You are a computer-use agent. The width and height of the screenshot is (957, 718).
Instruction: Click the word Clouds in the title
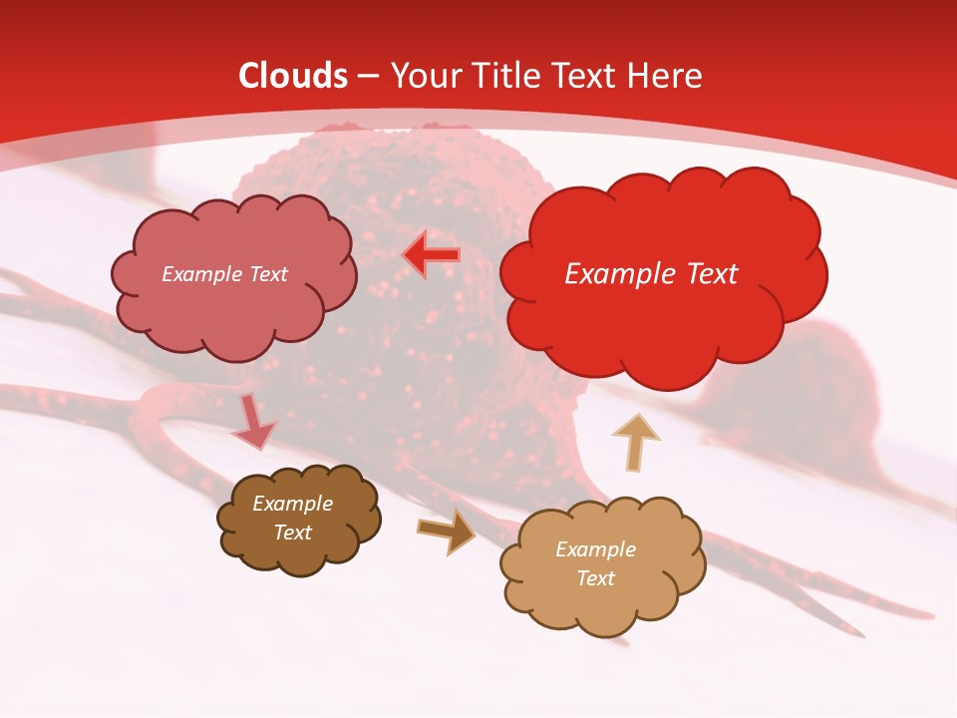[293, 76]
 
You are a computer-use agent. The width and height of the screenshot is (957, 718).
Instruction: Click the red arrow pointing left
[431, 255]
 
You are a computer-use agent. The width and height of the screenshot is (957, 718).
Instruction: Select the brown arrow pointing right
[446, 530]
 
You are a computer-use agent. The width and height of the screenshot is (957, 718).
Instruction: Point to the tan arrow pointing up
[635, 442]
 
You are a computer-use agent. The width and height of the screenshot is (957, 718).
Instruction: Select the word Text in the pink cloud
[267, 274]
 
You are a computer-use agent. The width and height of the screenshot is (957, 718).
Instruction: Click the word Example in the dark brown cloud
[292, 504]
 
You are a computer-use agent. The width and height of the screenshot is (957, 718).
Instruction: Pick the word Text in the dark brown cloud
[292, 533]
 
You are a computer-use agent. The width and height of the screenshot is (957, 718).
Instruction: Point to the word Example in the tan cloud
[595, 549]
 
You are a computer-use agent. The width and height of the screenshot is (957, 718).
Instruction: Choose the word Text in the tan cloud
[595, 578]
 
